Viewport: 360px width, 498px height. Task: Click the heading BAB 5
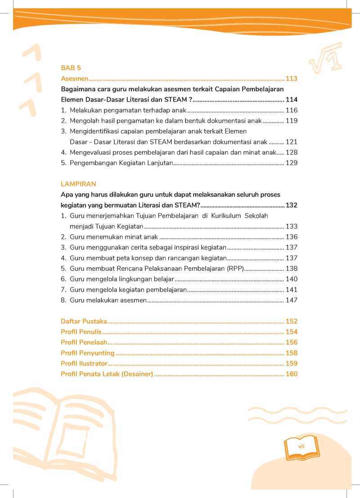coord(71,68)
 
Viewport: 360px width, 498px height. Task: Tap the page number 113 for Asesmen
coord(291,79)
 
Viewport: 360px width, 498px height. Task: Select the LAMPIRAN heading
coord(78,184)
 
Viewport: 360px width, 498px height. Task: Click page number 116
coord(291,110)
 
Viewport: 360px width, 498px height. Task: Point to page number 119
coord(291,121)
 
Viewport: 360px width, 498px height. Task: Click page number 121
coord(291,142)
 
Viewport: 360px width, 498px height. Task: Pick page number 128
coord(291,152)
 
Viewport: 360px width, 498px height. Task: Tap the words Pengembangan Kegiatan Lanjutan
coord(121,163)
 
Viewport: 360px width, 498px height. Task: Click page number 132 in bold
coord(291,205)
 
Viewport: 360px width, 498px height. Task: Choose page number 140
coord(291,279)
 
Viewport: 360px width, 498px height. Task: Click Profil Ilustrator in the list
coord(84,363)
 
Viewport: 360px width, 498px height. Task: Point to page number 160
coord(291,374)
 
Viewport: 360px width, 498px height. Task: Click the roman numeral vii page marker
coord(301,446)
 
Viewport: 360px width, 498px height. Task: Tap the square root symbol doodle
coord(325,58)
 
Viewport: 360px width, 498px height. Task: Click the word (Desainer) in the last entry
coord(137,374)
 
